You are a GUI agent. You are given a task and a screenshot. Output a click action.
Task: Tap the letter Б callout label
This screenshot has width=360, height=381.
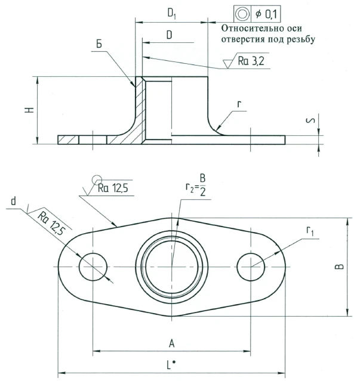99,45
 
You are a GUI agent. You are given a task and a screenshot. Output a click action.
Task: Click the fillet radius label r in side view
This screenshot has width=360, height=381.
239,104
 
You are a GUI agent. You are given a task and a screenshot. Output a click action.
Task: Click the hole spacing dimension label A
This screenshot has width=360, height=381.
171,343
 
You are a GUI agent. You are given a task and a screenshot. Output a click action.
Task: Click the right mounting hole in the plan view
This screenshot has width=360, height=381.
250,267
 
